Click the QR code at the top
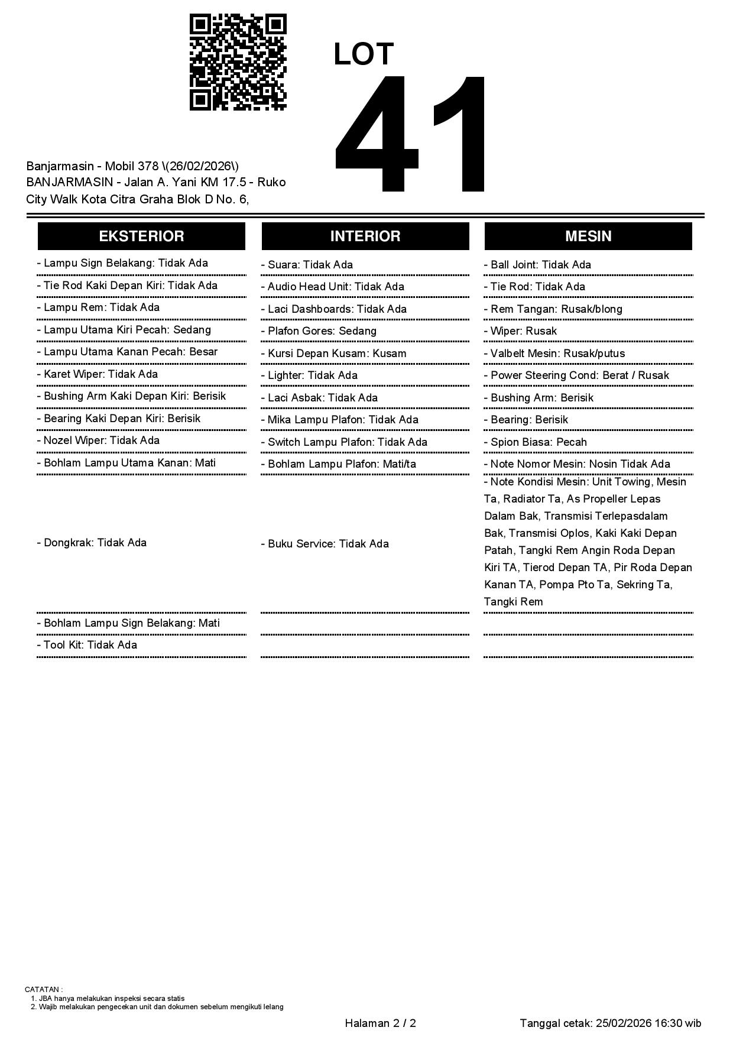point(238,62)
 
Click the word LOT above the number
point(363,54)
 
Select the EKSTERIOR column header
point(141,236)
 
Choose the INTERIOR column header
point(365,236)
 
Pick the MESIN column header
point(588,236)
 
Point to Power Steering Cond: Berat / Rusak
point(579,375)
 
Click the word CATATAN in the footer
point(43,989)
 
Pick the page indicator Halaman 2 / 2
point(380,1023)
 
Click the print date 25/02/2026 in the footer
point(623,1023)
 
